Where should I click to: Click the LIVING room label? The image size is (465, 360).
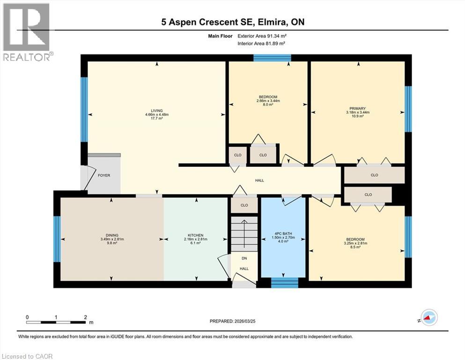tap(157, 111)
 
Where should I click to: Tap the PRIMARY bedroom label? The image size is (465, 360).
tap(357, 109)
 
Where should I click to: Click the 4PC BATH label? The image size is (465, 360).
tap(283, 234)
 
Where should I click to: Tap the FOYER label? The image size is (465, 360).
tap(104, 175)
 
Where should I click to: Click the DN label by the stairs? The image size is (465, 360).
tap(244, 258)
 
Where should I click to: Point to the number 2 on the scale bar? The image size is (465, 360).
tap(85, 317)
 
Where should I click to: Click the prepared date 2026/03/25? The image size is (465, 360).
tap(245, 321)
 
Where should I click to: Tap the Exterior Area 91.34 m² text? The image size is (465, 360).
tap(262, 36)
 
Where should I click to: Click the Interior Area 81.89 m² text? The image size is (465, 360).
tap(261, 43)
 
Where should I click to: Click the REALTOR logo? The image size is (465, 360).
tap(27, 32)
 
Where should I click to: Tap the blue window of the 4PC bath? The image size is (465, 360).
tap(285, 283)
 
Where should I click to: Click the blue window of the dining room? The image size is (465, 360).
tap(57, 239)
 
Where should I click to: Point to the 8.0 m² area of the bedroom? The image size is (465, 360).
tap(268, 105)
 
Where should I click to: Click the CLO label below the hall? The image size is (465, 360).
tap(244, 205)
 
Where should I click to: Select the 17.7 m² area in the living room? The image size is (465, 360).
tap(157, 118)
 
